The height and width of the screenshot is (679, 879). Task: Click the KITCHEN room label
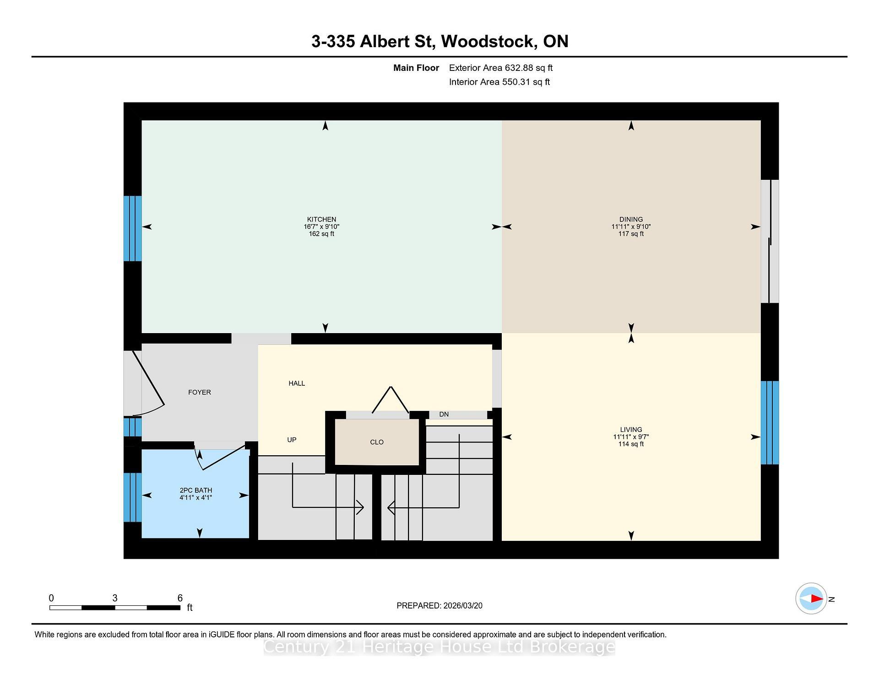point(321,219)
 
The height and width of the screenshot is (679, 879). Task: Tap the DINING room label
point(631,219)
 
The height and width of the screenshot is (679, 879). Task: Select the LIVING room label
point(631,430)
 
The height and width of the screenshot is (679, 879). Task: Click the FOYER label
point(200,392)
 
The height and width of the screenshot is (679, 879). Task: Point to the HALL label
point(297,383)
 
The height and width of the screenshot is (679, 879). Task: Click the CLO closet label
point(377,442)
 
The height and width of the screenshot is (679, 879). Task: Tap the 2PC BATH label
point(196,490)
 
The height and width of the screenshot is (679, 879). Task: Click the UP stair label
point(292,440)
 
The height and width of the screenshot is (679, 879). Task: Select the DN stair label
point(444,415)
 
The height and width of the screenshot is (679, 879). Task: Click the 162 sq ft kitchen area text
point(321,234)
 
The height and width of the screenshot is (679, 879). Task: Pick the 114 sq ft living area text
point(631,444)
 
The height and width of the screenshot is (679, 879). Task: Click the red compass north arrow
point(816,598)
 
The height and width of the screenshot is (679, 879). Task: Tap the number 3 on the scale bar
point(115,598)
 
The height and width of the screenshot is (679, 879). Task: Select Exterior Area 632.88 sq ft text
point(500,68)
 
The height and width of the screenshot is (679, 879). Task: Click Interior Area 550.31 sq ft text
point(499,82)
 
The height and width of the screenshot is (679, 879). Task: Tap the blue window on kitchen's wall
point(133,228)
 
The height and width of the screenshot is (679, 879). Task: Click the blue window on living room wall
point(770,422)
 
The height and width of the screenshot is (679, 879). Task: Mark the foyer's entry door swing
point(149,382)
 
